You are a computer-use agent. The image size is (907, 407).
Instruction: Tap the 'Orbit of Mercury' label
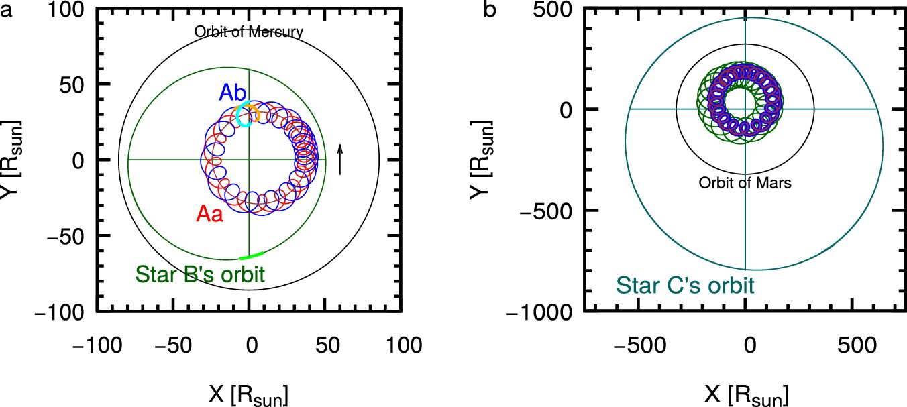click(x=249, y=32)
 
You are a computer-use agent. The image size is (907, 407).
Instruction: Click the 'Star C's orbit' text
click(x=685, y=285)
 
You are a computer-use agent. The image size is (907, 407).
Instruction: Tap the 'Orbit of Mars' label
click(x=745, y=182)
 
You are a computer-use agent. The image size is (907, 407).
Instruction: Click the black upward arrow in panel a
click(x=341, y=159)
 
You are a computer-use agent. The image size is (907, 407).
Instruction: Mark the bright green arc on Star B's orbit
click(x=252, y=256)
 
